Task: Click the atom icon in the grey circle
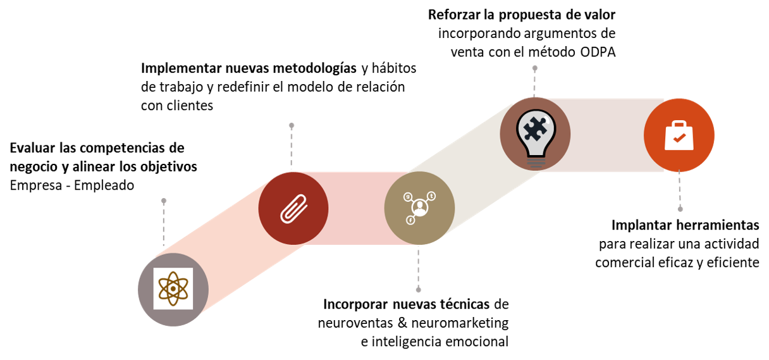point(173,289)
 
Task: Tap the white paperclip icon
point(293,209)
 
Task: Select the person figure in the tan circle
point(419,207)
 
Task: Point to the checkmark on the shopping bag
point(679,137)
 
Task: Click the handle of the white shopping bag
point(679,124)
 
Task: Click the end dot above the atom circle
point(164,201)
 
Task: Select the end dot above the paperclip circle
point(292,125)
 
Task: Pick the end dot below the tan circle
point(418,290)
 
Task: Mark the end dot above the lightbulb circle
point(535,68)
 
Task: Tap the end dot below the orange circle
point(680,209)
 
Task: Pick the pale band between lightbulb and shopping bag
point(607,135)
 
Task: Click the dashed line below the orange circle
point(680,190)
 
